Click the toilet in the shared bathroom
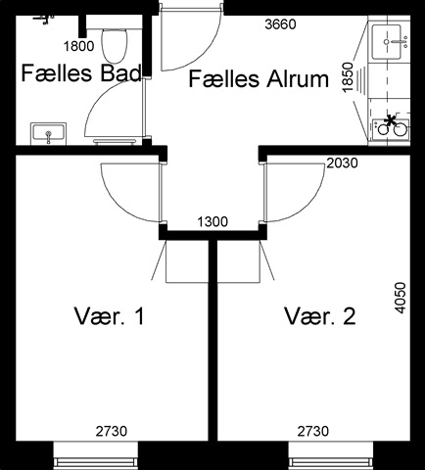[114, 46]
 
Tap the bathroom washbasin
[48, 134]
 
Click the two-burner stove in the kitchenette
[391, 127]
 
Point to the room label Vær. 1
[110, 316]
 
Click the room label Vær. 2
[320, 316]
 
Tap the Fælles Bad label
[81, 72]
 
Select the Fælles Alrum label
[259, 79]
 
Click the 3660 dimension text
[280, 24]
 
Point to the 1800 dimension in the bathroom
[78, 46]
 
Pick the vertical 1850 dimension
[349, 77]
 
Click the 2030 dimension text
[342, 163]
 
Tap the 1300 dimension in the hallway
[212, 222]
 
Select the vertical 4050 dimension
[401, 298]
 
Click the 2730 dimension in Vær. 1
[112, 431]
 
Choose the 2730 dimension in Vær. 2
[313, 431]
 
